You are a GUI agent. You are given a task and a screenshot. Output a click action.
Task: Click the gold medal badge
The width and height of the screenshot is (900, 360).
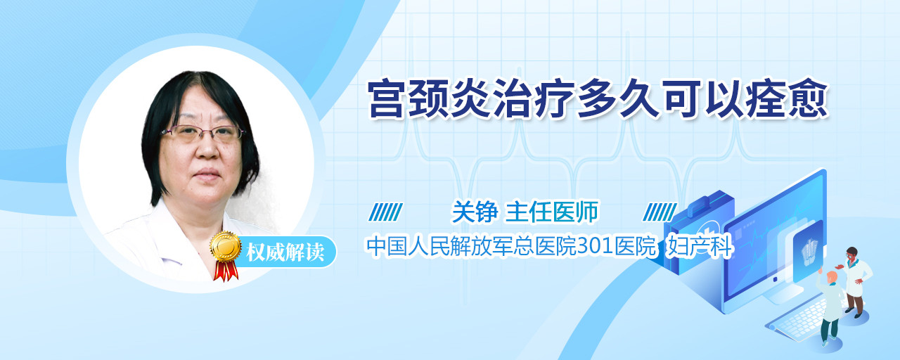pos(226,246)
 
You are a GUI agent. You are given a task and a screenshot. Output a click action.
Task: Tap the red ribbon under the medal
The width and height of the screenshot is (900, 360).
pos(226,271)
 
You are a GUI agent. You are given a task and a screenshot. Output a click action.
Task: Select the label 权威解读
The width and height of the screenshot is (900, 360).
pos(285,252)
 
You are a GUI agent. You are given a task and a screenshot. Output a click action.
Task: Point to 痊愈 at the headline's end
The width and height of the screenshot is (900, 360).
pos(787,99)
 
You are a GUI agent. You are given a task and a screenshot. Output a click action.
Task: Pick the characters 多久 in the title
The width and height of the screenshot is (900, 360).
pos(618,99)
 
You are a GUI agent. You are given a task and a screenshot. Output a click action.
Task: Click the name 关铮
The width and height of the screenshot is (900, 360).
pos(475,212)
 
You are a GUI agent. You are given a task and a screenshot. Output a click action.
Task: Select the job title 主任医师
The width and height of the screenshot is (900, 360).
pos(552,212)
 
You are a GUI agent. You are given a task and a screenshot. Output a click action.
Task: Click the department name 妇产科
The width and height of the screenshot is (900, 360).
pos(700,246)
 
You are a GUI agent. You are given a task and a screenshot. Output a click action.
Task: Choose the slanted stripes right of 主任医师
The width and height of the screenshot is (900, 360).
pos(660,212)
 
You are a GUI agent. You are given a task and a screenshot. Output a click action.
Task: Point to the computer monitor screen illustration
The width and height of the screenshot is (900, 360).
pos(776,241)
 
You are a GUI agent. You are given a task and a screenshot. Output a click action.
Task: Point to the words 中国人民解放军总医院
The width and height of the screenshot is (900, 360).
pos(471,246)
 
